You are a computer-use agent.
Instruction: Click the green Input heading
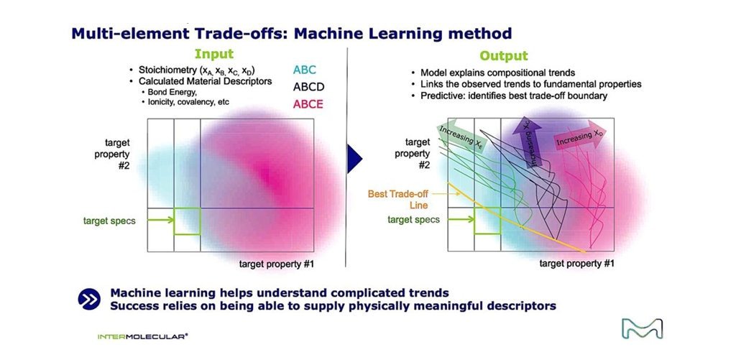coord(215,55)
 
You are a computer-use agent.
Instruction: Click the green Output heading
coord(504,55)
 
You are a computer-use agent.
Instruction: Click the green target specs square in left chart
coord(187,221)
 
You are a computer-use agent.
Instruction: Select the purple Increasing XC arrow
coord(534,141)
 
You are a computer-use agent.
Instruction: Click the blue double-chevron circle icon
coord(89,300)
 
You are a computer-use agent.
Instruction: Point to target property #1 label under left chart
coord(275,264)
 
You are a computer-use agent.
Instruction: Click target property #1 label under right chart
coord(576,264)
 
